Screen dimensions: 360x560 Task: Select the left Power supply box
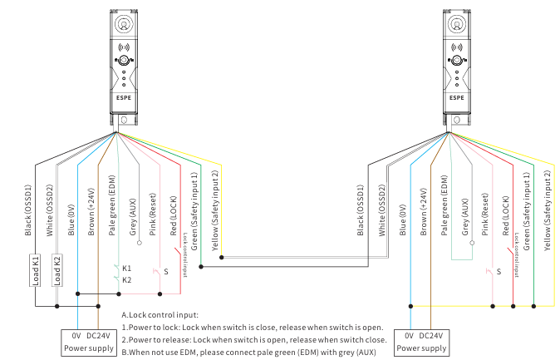click(x=87, y=341)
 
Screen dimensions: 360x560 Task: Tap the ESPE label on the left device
click(x=123, y=96)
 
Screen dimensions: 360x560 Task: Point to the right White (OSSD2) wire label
click(x=381, y=208)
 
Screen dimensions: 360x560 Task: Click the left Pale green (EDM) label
click(x=111, y=208)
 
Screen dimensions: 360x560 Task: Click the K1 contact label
click(x=127, y=269)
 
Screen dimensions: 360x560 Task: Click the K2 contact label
click(x=127, y=280)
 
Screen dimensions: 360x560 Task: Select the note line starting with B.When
click(x=239, y=352)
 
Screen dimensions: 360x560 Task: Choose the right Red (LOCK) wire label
click(x=506, y=216)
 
